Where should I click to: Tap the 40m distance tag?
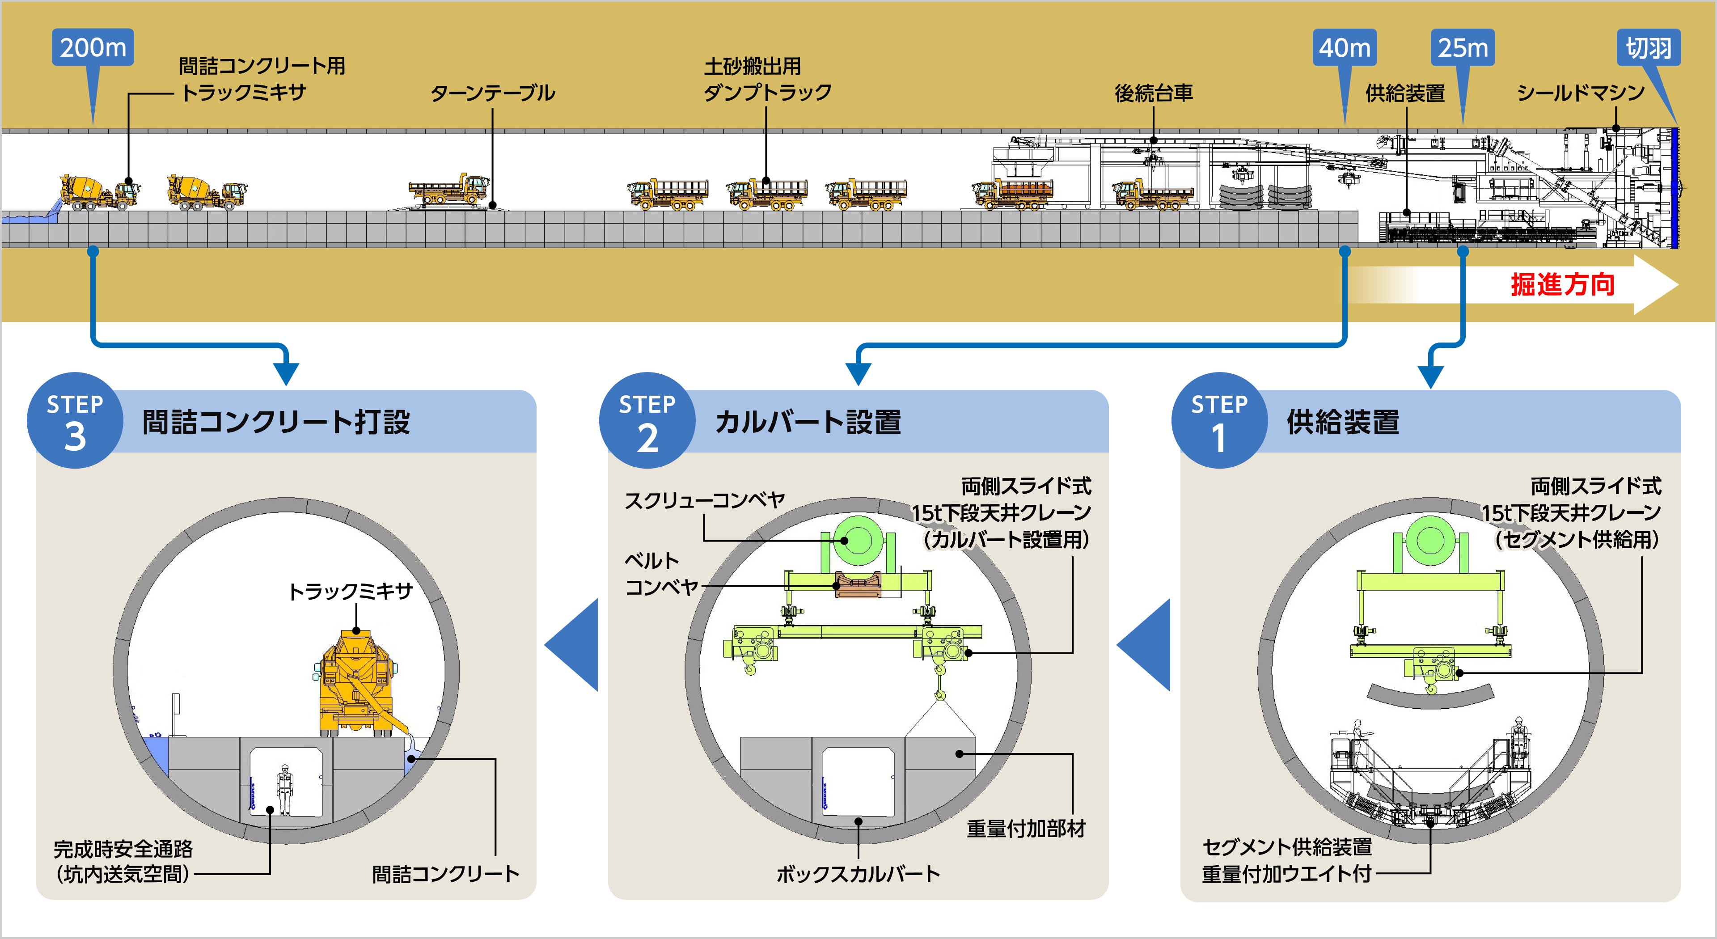pyautogui.click(x=1345, y=48)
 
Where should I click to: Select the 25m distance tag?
pyautogui.click(x=1463, y=48)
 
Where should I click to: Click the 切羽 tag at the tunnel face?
pyautogui.click(x=1648, y=48)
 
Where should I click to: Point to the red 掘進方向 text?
pyautogui.click(x=1562, y=284)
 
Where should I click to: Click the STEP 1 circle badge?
pyautogui.click(x=1219, y=420)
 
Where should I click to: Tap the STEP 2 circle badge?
pyautogui.click(x=647, y=420)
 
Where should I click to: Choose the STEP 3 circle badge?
pyautogui.click(x=75, y=420)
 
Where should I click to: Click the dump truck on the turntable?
pyautogui.click(x=448, y=190)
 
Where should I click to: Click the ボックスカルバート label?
pyautogui.click(x=858, y=874)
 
